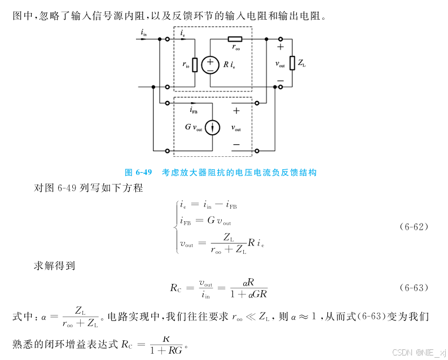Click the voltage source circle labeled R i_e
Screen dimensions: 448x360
click(x=210, y=65)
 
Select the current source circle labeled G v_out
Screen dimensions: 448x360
click(x=212, y=128)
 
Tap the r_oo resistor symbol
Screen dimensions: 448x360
click(x=235, y=39)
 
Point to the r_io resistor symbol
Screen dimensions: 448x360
click(x=195, y=65)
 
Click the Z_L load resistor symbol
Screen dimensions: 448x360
click(x=292, y=63)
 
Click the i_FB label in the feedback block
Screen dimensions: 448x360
click(x=195, y=111)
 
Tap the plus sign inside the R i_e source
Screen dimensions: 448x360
click(x=210, y=61)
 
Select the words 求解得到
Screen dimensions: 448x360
click(x=55, y=265)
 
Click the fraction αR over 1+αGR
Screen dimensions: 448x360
click(x=248, y=287)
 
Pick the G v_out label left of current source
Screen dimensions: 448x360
click(x=194, y=128)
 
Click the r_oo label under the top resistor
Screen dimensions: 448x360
click(x=236, y=49)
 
